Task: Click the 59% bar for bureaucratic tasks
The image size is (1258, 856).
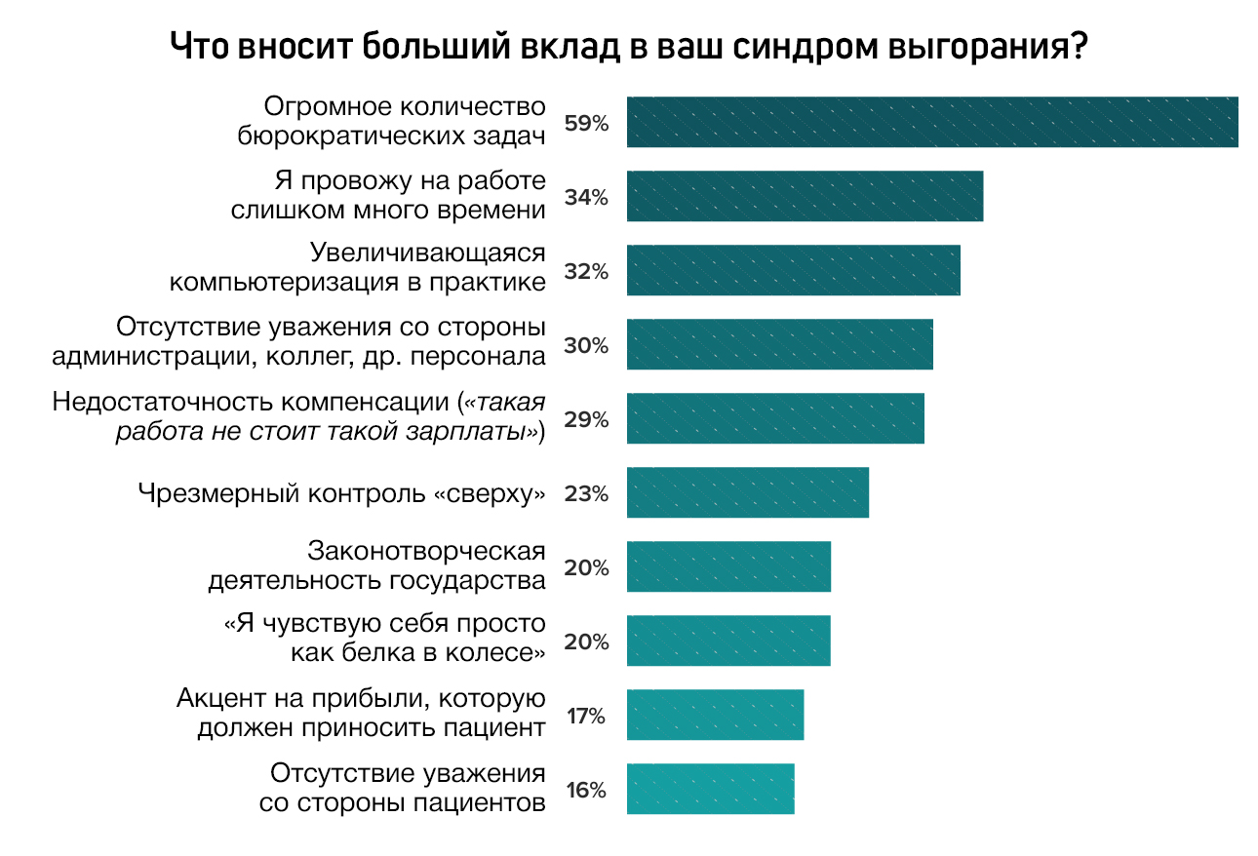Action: click(x=932, y=123)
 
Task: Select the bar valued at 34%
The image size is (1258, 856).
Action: click(x=805, y=197)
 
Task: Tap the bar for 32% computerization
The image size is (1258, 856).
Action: click(x=794, y=271)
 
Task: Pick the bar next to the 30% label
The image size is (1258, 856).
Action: click(x=780, y=345)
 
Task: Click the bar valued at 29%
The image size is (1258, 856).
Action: click(x=775, y=419)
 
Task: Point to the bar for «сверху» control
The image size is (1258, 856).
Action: click(x=748, y=492)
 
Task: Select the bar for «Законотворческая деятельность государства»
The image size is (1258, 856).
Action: click(x=729, y=566)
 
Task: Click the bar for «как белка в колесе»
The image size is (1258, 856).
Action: click(x=728, y=641)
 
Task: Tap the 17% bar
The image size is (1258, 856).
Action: click(x=715, y=715)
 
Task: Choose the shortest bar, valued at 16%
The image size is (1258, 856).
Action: click(x=711, y=789)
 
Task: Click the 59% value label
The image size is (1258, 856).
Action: click(x=586, y=124)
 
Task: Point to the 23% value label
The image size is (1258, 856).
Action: click(x=586, y=494)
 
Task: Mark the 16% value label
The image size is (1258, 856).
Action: click(x=586, y=791)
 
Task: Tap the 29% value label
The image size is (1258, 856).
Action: click(x=586, y=420)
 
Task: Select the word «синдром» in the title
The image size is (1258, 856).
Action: click(x=806, y=47)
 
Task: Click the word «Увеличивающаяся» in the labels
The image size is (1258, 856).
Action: click(x=427, y=253)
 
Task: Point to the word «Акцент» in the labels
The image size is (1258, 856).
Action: click(x=221, y=698)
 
